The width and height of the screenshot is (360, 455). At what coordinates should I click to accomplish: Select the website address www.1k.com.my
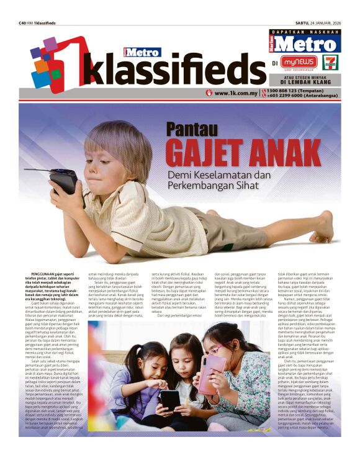click(235, 93)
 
